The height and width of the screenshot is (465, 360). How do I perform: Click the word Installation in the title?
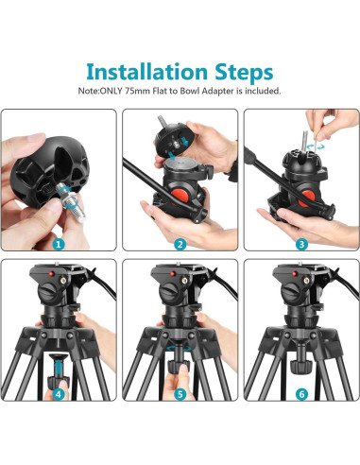pyautogui.click(x=146, y=72)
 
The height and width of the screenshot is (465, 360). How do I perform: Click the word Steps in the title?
pyautogui.click(x=244, y=73)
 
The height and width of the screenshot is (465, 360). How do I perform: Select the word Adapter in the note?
pyautogui.click(x=217, y=91)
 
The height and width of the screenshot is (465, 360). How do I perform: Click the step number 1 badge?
pyautogui.click(x=59, y=244)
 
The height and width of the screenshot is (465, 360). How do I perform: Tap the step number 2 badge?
pyautogui.click(x=180, y=244)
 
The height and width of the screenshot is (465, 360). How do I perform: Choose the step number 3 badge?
pyautogui.click(x=301, y=244)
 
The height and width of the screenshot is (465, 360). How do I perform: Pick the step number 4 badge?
pyautogui.click(x=59, y=393)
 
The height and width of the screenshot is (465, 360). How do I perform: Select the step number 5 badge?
pyautogui.click(x=180, y=393)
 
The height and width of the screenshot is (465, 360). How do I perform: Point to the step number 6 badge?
pyautogui.click(x=301, y=393)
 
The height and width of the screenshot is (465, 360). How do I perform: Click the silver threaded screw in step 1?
pyautogui.click(x=72, y=202)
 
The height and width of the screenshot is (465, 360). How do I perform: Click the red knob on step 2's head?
pyautogui.click(x=180, y=195)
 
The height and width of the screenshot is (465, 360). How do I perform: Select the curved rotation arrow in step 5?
pyautogui.click(x=179, y=349)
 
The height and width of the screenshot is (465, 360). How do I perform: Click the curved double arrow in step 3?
pyautogui.click(x=316, y=146)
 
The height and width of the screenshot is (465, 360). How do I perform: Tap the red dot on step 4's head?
pyautogui.click(x=51, y=274)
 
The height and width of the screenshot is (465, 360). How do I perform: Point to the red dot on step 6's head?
pyautogui.click(x=294, y=274)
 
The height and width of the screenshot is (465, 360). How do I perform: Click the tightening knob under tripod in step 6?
pyautogui.click(x=300, y=367)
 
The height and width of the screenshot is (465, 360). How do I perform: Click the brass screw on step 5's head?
pyautogui.click(x=184, y=280)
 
